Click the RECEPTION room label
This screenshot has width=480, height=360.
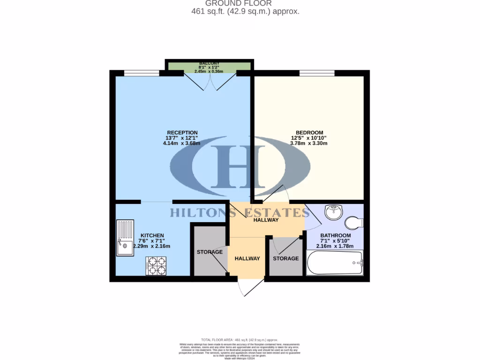pos(182,133)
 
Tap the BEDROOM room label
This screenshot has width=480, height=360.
pos(309,133)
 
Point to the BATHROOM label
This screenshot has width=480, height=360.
pos(335,235)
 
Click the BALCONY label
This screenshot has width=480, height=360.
pos(209,63)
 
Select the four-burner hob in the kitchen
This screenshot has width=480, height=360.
pos(157,266)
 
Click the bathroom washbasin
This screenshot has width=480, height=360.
pos(334,212)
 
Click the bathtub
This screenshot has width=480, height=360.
pos(334,262)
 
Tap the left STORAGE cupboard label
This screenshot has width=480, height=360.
pos(210,252)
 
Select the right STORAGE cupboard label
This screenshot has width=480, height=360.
pos(285,258)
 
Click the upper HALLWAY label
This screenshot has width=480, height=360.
pos(266,220)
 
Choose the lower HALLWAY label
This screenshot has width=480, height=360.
pos(247,258)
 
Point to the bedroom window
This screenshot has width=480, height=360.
pos(317,73)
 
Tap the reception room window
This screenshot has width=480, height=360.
pos(142,73)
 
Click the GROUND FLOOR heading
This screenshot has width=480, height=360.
pos(245,3)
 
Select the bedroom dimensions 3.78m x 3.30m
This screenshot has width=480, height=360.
pos(309,143)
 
